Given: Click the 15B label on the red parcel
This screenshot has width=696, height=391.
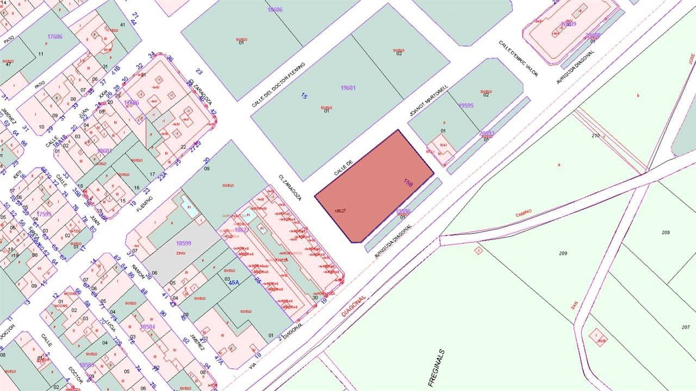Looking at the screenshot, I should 408,183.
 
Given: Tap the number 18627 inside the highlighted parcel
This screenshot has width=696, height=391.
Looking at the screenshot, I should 341,211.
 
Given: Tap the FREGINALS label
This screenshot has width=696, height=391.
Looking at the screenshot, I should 437,368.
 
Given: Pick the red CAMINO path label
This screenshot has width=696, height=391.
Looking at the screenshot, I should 524,212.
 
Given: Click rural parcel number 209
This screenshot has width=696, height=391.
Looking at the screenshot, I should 563,253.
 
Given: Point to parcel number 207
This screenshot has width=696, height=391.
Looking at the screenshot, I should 685,327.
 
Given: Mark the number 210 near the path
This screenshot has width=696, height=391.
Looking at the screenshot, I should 595,136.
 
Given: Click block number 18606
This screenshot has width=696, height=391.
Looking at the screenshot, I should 275,10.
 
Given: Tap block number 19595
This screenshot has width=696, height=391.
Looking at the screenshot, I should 466,106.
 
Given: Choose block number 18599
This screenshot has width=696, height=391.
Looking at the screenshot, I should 186,244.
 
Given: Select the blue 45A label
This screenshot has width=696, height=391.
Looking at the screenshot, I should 234,282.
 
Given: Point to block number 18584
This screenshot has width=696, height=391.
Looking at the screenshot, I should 147,326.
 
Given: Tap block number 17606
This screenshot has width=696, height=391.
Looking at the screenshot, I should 55,37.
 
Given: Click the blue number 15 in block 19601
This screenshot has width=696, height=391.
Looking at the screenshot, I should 304,96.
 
